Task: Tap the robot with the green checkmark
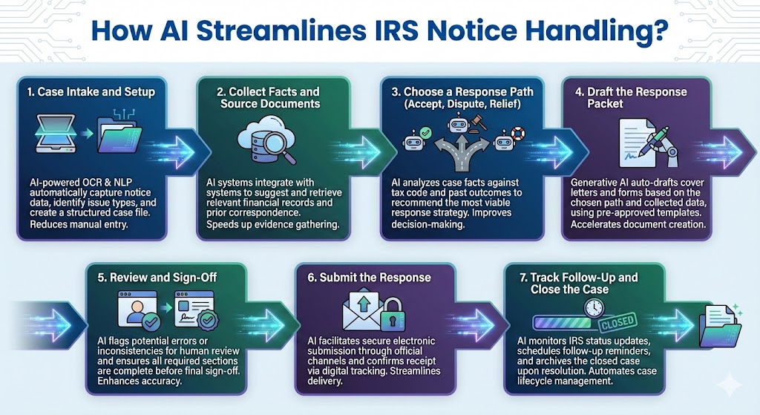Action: click(x=417, y=139)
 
